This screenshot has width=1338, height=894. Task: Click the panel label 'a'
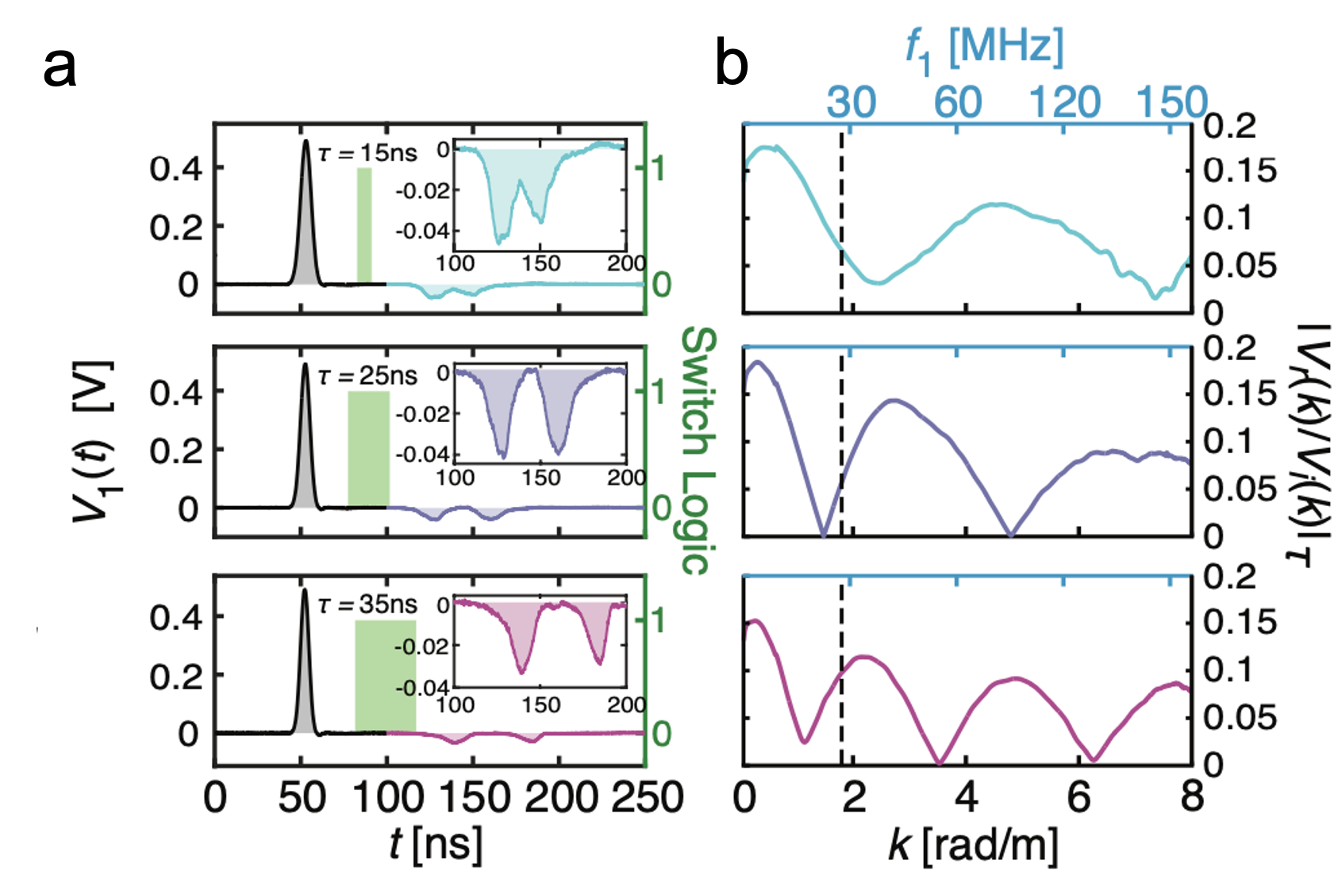pyautogui.click(x=60, y=67)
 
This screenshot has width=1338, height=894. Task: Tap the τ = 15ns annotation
pyautogui.click(x=367, y=152)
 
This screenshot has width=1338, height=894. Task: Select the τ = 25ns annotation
pyautogui.click(x=367, y=376)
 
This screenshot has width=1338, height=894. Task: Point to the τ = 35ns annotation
pyautogui.click(x=367, y=604)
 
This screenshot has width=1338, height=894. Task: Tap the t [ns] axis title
pyautogui.click(x=435, y=844)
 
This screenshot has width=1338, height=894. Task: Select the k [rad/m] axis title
pyautogui.click(x=973, y=846)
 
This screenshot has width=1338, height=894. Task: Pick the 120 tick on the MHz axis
pyautogui.click(x=1065, y=102)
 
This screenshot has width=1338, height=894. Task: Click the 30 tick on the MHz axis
pyautogui.click(x=851, y=102)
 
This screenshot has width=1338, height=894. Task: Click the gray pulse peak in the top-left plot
pyautogui.click(x=306, y=143)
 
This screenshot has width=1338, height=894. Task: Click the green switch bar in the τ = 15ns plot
pyautogui.click(x=364, y=225)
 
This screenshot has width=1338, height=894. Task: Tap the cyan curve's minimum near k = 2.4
pyautogui.click(x=876, y=282)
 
